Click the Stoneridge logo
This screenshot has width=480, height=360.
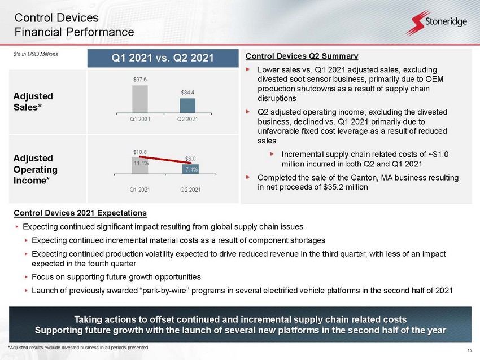tap(437, 22)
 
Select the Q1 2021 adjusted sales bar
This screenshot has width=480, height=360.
tap(140, 99)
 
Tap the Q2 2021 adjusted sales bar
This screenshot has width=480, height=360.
tap(187, 105)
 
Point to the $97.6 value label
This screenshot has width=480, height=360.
tap(140, 80)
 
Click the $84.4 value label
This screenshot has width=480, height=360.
tap(187, 93)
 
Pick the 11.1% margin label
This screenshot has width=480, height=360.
tap(141, 163)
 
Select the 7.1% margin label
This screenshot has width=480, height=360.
tap(191, 169)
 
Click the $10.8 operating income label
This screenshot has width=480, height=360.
tap(140, 152)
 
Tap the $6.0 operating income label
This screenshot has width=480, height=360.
tap(190, 159)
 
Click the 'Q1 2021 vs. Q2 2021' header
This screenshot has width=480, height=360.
tap(163, 58)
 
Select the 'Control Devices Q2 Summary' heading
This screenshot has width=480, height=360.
tap(302, 56)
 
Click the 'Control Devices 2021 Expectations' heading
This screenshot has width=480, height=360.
tap(80, 213)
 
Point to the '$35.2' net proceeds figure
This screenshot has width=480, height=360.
tap(333, 187)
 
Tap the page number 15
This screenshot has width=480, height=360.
tap(470, 350)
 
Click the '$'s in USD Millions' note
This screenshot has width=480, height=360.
tap(36, 54)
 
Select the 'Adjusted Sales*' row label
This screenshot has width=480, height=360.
tap(33, 102)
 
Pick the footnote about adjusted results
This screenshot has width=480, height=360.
tap(78, 348)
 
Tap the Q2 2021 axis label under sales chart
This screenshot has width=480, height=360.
tap(187, 119)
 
